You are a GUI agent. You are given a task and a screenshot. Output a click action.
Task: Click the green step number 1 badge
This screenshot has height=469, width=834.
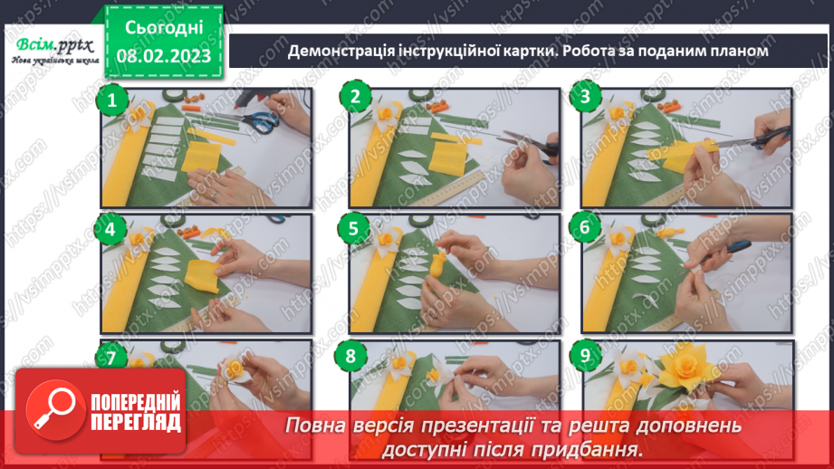tap(111, 100)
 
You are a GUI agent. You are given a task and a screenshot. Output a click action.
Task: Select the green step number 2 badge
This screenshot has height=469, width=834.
tap(356, 98)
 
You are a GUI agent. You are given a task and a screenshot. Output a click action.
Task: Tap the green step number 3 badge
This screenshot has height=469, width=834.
tap(587, 98)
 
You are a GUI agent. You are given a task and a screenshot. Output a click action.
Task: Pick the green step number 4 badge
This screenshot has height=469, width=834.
tap(111, 229)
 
